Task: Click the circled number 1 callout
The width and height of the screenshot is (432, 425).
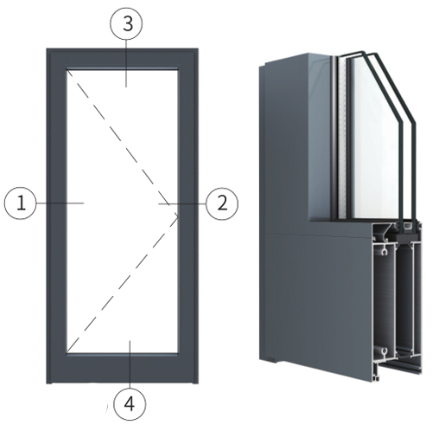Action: [21, 203]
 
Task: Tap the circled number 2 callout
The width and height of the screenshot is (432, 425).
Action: [222, 203]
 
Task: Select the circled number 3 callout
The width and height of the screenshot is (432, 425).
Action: [126, 24]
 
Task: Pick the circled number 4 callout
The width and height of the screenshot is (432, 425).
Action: [130, 404]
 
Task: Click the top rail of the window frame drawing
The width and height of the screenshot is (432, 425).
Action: [123, 59]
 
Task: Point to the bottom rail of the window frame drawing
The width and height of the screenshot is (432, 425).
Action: [123, 368]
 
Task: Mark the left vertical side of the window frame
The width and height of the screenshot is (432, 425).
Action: [57, 216]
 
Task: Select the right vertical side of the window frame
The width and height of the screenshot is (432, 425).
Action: [187, 216]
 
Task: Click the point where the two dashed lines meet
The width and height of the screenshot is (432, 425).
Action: [178, 216]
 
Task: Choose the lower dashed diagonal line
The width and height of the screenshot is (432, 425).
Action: [123, 284]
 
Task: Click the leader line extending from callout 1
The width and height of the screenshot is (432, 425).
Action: [60, 203]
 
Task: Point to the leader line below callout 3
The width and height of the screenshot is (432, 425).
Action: [126, 63]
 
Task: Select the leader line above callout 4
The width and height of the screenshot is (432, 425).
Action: [130, 364]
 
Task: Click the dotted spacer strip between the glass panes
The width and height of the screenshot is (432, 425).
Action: [342, 138]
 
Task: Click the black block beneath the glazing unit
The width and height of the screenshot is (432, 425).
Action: [407, 237]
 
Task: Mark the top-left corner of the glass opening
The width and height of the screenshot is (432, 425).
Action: [67, 69]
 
